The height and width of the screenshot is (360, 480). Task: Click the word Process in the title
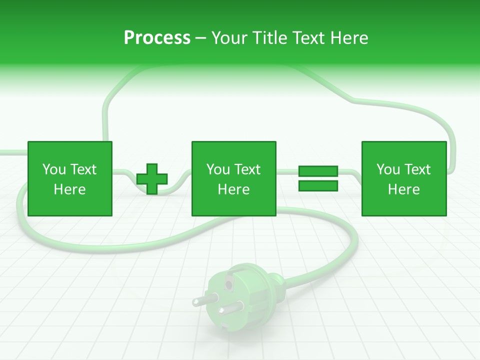click(x=157, y=38)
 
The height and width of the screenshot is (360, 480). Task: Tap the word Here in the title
click(x=349, y=38)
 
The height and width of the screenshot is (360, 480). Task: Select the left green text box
click(x=69, y=178)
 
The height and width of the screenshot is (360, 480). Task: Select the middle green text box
click(x=233, y=178)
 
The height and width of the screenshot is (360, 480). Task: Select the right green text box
click(x=403, y=178)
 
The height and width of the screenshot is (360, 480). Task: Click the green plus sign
click(x=152, y=179)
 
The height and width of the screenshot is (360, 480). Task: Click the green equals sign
click(x=318, y=178)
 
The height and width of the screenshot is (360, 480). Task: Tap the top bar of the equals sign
click(x=318, y=171)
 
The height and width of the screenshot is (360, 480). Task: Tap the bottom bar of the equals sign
click(x=318, y=186)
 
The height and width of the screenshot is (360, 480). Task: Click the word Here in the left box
click(x=69, y=189)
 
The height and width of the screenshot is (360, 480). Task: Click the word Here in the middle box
click(x=233, y=189)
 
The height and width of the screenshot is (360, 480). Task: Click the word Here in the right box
click(x=403, y=189)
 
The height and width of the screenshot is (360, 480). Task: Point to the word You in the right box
click(x=388, y=169)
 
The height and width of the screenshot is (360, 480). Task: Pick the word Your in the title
click(x=228, y=38)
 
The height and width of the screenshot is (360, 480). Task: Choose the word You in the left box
click(x=54, y=169)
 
